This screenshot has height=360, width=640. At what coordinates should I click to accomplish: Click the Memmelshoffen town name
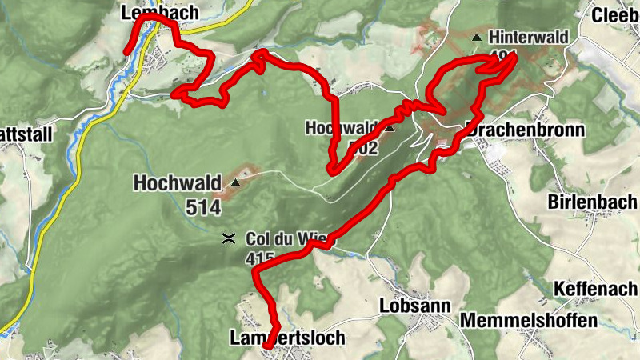click(529, 321)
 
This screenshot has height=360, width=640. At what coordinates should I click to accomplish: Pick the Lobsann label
click(415, 306)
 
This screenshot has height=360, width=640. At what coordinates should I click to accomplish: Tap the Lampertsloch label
click(286, 338)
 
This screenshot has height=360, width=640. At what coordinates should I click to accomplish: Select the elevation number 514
click(202, 206)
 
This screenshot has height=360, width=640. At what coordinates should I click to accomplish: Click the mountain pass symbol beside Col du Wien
click(228, 238)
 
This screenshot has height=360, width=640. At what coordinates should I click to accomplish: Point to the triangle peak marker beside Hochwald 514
click(235, 183)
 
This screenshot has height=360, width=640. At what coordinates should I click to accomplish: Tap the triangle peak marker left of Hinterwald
click(478, 37)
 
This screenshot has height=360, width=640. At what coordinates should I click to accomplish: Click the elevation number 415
click(261, 258)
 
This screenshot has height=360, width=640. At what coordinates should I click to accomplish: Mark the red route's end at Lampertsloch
click(270, 346)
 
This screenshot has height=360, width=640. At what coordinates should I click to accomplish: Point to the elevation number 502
click(362, 147)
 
